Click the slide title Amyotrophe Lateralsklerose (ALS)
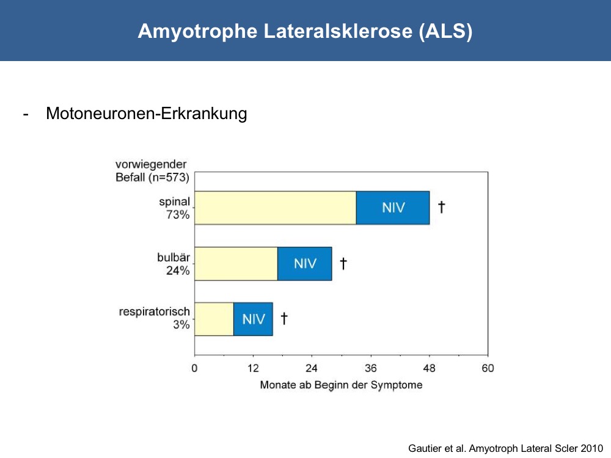tap(305, 31)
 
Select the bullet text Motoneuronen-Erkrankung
tap(147, 114)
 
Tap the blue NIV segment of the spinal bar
tap(393, 208)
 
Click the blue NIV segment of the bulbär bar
tap(305, 264)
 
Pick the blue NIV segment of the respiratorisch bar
tap(253, 319)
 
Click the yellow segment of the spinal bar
tap(276, 208)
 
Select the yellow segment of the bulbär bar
tap(236, 264)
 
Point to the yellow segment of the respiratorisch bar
tap(214, 319)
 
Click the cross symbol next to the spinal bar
tap(442, 207)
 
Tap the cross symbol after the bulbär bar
tap(343, 263)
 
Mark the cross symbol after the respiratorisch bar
tap(284, 318)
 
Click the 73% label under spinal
tap(178, 214)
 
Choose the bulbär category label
tap(174, 258)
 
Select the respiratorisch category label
tap(155, 312)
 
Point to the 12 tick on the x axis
tap(254, 368)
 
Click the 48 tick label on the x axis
tap(429, 368)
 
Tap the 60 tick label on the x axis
tap(488, 368)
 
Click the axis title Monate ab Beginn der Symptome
tap(342, 385)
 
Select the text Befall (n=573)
tap(152, 178)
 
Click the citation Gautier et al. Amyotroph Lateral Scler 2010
tap(506, 448)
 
